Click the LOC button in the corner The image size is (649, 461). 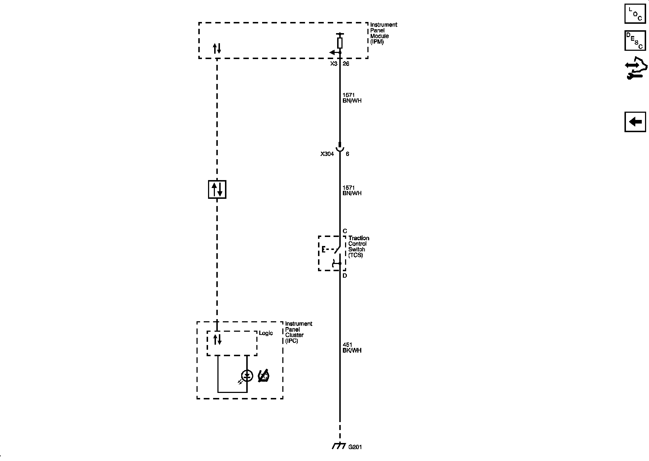[x=635, y=14]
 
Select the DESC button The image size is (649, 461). [x=635, y=41]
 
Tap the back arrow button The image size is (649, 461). [x=635, y=122]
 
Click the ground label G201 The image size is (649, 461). [x=355, y=447]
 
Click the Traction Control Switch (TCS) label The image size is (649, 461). [x=358, y=247]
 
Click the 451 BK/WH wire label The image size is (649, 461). [x=352, y=348]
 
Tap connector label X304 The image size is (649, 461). [x=327, y=154]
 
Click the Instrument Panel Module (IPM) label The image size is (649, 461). [x=384, y=33]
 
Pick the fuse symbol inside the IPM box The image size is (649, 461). [x=340, y=43]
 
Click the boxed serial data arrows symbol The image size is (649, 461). [x=217, y=189]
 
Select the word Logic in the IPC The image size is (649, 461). [x=266, y=333]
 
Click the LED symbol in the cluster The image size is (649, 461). [x=247, y=376]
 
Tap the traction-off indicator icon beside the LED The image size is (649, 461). [x=264, y=376]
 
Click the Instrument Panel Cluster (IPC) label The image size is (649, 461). [x=298, y=332]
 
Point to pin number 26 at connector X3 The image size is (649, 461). [x=346, y=64]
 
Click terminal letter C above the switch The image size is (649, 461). [x=345, y=231]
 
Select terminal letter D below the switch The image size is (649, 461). [x=345, y=276]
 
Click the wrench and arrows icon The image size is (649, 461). [x=636, y=68]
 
